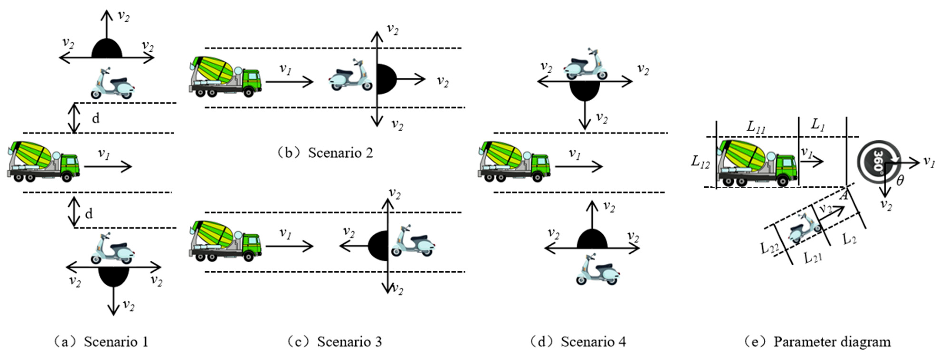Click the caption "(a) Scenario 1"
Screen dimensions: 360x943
coord(101,342)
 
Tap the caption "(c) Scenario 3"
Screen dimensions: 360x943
coord(334,342)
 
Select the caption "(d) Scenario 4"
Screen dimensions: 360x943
coord(578,342)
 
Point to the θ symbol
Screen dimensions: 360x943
coord(900,180)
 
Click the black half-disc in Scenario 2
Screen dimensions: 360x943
coord(385,79)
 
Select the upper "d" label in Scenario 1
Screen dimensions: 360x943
coord(95,118)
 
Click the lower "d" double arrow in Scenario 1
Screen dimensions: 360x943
coord(74,212)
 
